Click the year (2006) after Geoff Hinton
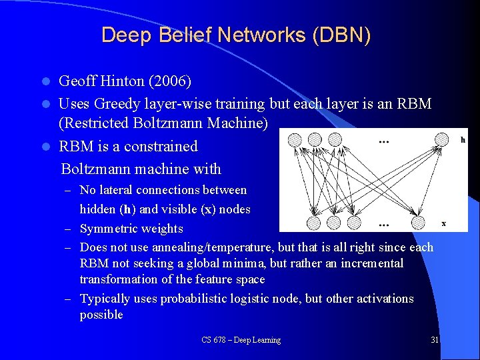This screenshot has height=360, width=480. tap(169, 81)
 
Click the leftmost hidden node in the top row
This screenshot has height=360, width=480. tap(295, 140)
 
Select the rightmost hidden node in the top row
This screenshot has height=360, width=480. tap(441, 140)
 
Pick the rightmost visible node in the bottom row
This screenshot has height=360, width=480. tap(419, 222)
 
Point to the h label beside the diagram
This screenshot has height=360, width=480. tap(463, 140)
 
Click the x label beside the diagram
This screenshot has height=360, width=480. tap(443, 223)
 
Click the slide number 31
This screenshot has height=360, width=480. tap(435, 340)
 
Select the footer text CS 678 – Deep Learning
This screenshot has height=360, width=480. tap(241, 340)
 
